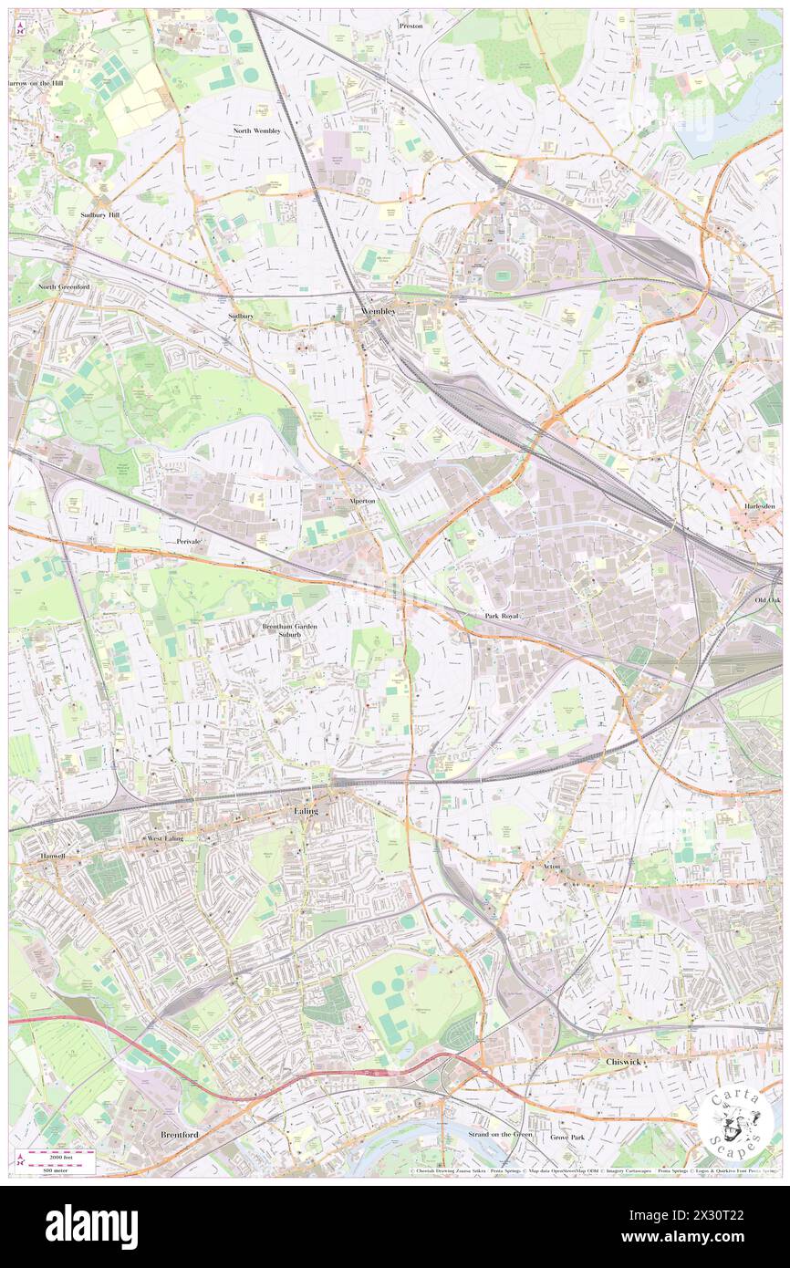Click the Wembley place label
pos(379,311)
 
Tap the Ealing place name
pos(306,810)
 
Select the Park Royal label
pos(501,617)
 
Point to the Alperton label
pos(362,501)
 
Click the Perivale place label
pos(189,541)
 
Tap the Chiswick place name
pos(625,1062)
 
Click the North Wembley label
pos(256,131)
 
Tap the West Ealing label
pos(166,837)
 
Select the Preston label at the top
pos(411,26)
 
